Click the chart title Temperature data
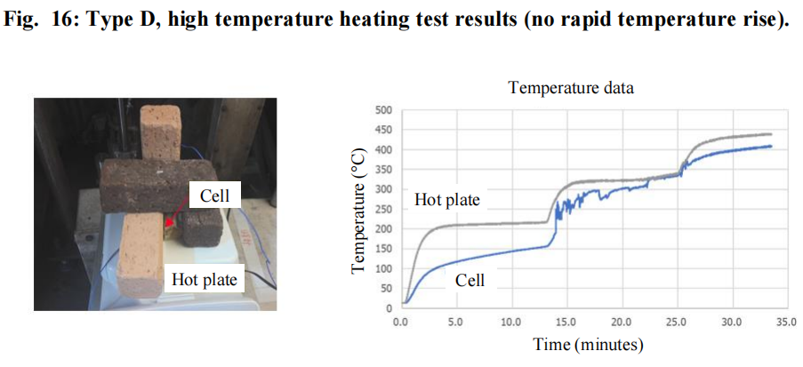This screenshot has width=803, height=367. [571, 87]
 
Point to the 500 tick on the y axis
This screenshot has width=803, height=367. [383, 110]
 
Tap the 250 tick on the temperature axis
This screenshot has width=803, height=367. [383, 210]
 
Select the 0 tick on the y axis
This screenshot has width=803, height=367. [389, 308]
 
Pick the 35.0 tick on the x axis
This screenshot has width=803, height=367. [787, 323]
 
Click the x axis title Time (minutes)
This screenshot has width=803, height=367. [588, 344]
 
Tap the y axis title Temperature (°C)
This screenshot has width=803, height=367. [358, 210]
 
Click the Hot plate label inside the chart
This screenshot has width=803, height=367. [447, 200]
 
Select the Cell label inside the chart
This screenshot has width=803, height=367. [470, 280]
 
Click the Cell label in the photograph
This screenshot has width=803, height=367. [214, 195]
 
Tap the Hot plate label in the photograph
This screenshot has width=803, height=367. [205, 280]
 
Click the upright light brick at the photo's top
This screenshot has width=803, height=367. [160, 132]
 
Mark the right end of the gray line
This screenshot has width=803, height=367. [771, 134]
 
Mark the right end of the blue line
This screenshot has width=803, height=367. [771, 147]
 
